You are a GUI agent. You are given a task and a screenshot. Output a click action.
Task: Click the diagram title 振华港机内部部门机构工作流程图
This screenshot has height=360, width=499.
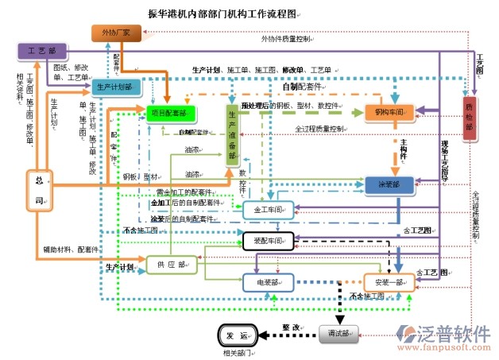coord(223,14)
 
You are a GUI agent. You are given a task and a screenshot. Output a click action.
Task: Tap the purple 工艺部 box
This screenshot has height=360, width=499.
coord(42,50)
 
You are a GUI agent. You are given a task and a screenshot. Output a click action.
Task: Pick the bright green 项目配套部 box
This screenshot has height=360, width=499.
coord(170,114)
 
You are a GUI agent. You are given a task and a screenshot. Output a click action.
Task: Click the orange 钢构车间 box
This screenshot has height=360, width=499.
coord(389,113)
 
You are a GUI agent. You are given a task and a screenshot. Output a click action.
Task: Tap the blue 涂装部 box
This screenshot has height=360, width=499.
coord(389,184)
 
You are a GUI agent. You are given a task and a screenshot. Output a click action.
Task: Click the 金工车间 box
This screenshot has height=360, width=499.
coord(269,210)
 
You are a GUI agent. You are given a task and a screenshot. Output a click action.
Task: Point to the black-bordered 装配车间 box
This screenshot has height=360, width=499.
coord(269,239)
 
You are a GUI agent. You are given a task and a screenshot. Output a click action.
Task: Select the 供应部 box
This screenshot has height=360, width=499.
coord(171,265)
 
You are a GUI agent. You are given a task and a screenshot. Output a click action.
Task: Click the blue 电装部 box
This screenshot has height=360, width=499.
coord(267,281)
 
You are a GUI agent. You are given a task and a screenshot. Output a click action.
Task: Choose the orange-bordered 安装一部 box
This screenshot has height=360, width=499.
coord(389,282)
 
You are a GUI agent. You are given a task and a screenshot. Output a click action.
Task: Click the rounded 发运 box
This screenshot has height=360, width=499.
coord(237,335)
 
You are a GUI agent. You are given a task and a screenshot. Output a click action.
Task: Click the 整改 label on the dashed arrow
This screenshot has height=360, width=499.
coord(291,327)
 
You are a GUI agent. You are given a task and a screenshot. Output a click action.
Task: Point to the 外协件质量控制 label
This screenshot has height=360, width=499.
coord(286,37)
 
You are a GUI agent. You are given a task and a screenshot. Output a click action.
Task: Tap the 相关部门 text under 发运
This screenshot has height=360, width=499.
coord(237,350)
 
